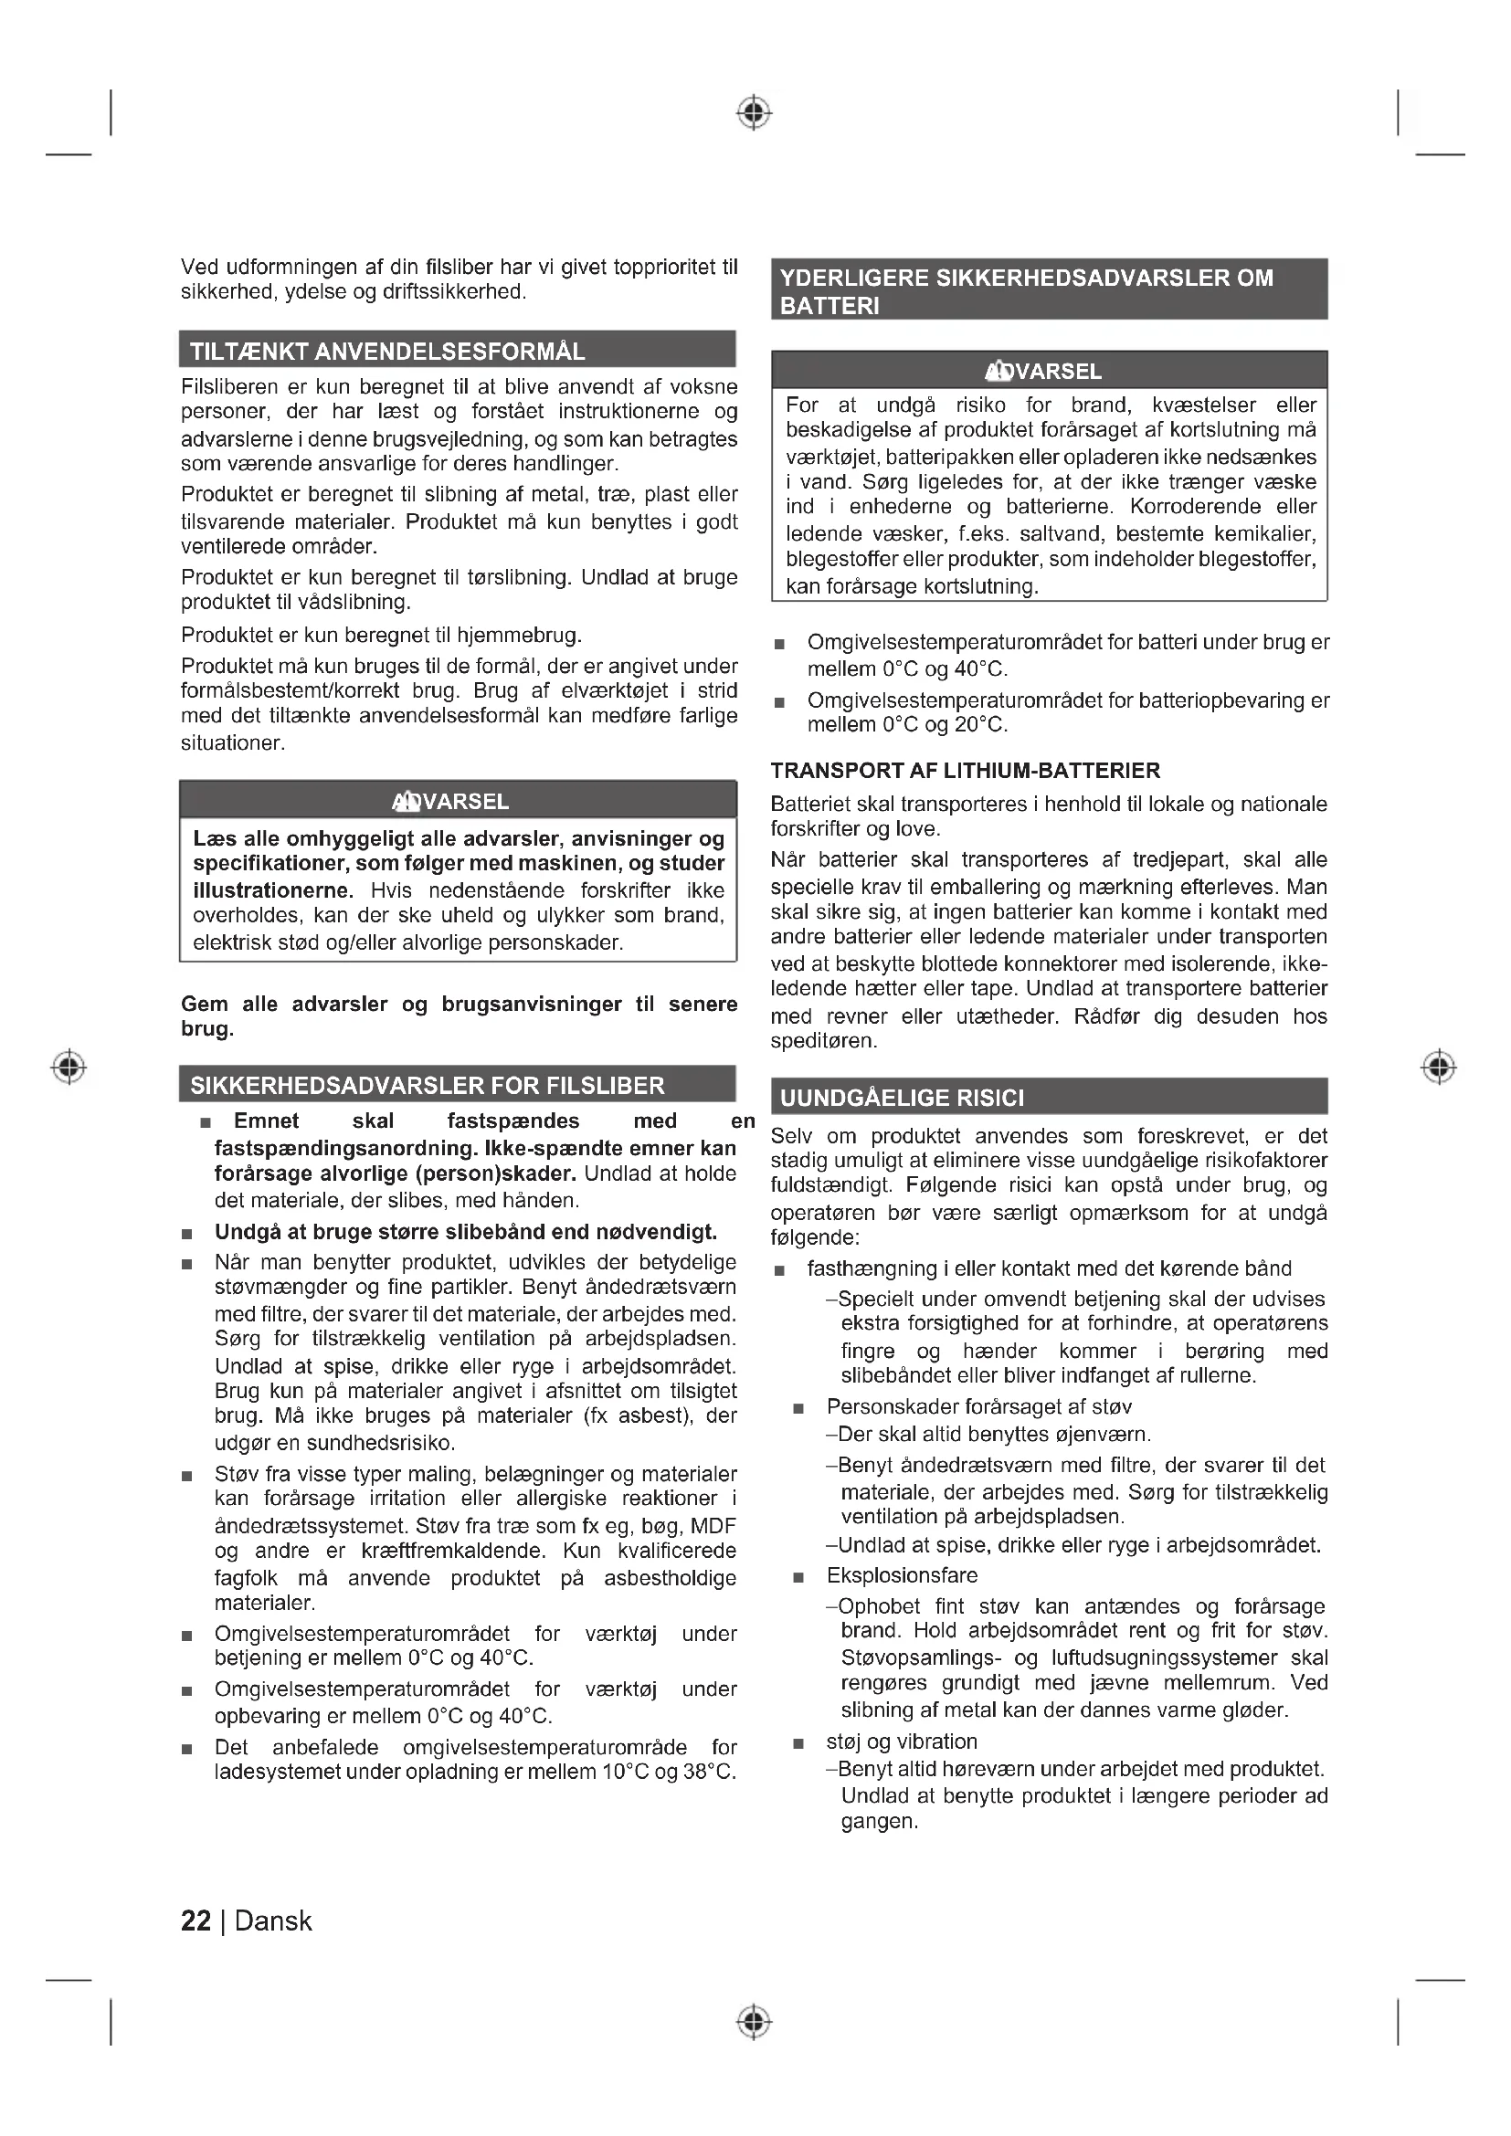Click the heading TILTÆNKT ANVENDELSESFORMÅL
tap(387, 352)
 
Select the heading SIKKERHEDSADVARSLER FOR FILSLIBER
tap(427, 1086)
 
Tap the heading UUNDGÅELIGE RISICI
tap(902, 1098)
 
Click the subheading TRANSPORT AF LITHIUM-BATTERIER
tap(965, 771)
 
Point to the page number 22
tap(195, 1921)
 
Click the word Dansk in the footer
tap(272, 1921)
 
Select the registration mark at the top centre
tap(755, 112)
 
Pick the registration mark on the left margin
tap(69, 1066)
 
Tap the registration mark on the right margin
tap(1439, 1066)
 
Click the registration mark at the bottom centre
tap(755, 2022)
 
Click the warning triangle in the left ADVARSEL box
tap(406, 801)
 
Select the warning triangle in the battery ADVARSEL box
tap(999, 371)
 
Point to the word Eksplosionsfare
tap(902, 1575)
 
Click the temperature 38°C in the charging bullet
tap(709, 1772)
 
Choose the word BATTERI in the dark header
tap(829, 306)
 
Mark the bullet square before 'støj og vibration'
tap(798, 1743)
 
